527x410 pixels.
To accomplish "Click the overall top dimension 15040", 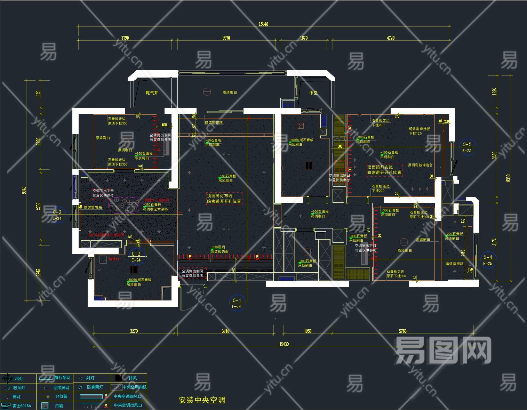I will click(263, 24).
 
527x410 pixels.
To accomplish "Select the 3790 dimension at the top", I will click(125, 38).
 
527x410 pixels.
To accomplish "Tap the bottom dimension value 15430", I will click(284, 344).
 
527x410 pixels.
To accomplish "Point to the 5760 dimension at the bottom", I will click(402, 331).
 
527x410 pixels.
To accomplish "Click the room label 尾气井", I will click(152, 93).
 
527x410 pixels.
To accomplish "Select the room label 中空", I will click(313, 93).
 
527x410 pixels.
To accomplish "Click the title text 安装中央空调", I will click(202, 400).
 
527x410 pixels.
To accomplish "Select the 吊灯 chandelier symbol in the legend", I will click(7, 378).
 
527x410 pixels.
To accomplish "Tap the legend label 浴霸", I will click(59, 405).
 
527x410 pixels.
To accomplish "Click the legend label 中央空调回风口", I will click(127, 396).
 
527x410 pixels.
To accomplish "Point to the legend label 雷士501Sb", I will click(22, 405).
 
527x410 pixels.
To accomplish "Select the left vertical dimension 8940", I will click(24, 190).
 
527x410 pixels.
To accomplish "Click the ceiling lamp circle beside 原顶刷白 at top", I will click(207, 92).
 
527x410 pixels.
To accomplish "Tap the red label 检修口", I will click(114, 259).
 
